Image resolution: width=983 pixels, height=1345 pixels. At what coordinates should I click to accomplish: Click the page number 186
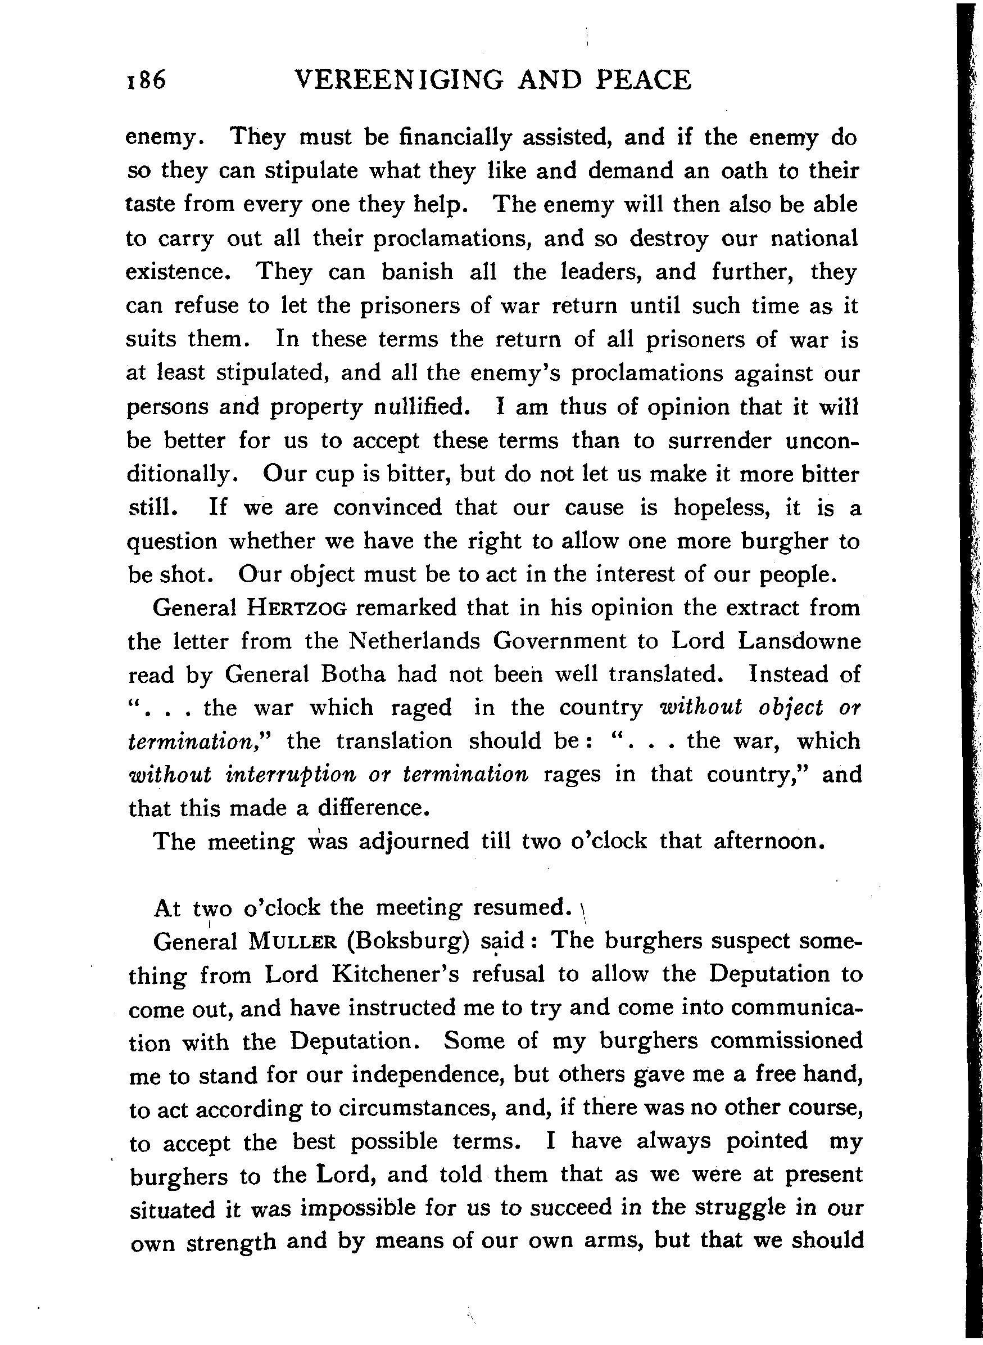coord(146,80)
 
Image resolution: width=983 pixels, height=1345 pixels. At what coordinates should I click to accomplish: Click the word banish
coord(417,272)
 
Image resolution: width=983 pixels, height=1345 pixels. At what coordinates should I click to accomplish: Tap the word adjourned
coord(414,842)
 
